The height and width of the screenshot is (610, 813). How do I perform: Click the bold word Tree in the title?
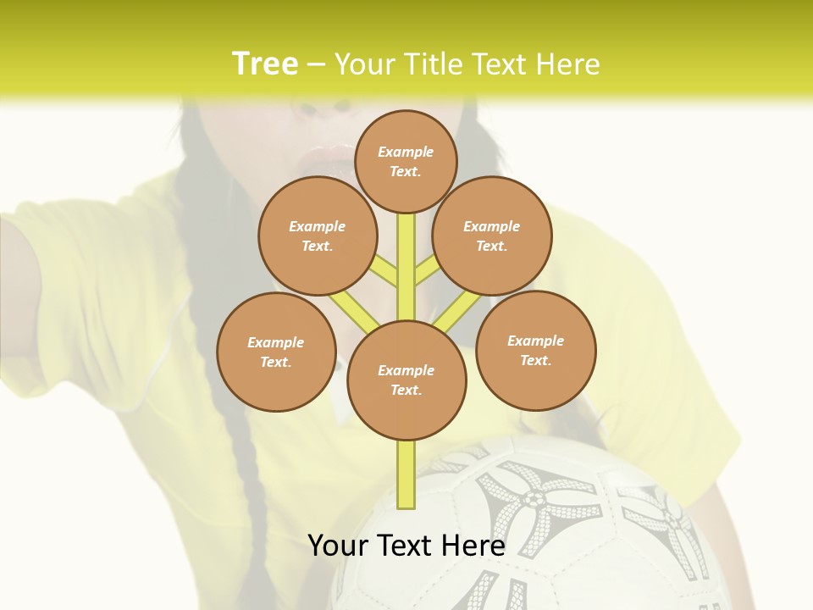click(265, 64)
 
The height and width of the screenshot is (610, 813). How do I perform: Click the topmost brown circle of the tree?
click(406, 161)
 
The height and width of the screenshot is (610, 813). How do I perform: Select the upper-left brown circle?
click(318, 236)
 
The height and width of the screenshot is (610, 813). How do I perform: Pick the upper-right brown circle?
click(492, 236)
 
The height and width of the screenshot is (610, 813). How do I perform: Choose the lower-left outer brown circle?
click(276, 352)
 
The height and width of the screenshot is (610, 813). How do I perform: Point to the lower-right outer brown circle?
click(535, 350)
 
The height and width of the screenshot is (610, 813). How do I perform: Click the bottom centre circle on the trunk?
click(406, 380)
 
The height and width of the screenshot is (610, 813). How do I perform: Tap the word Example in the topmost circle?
click(406, 152)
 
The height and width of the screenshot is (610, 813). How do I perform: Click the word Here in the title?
click(570, 64)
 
